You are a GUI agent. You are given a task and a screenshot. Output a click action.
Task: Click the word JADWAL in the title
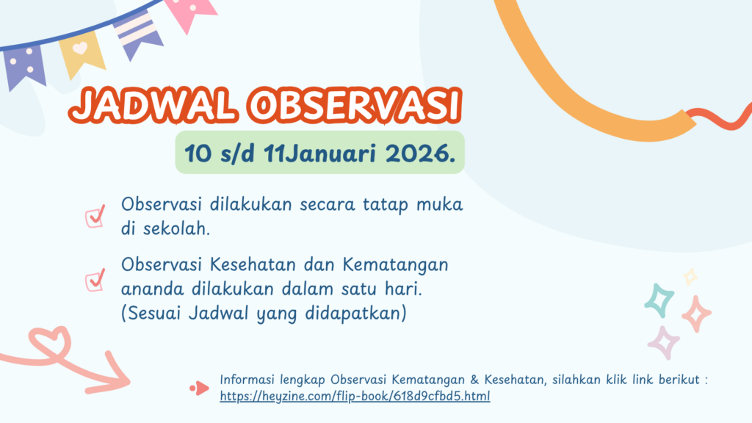tap(153, 105)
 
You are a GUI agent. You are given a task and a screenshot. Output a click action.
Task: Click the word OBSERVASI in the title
tap(355, 105)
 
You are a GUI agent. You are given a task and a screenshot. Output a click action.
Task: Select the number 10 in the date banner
tap(198, 153)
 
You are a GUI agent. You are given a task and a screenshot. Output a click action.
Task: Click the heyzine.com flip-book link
tap(355, 396)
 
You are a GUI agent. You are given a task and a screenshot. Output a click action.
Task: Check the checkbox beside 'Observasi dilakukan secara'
tap(95, 217)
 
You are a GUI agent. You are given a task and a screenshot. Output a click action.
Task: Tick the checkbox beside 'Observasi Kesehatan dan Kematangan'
tap(95, 280)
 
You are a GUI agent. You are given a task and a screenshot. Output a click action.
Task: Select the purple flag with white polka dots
tap(24, 66)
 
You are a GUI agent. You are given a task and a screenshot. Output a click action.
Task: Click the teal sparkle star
tap(659, 300)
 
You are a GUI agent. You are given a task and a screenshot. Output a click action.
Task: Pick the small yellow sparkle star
tap(690, 277)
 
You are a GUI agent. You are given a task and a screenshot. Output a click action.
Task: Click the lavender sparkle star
tap(664, 342)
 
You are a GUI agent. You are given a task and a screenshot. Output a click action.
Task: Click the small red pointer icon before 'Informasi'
tap(200, 388)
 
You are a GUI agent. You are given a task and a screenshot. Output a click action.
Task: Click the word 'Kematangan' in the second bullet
tap(396, 264)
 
